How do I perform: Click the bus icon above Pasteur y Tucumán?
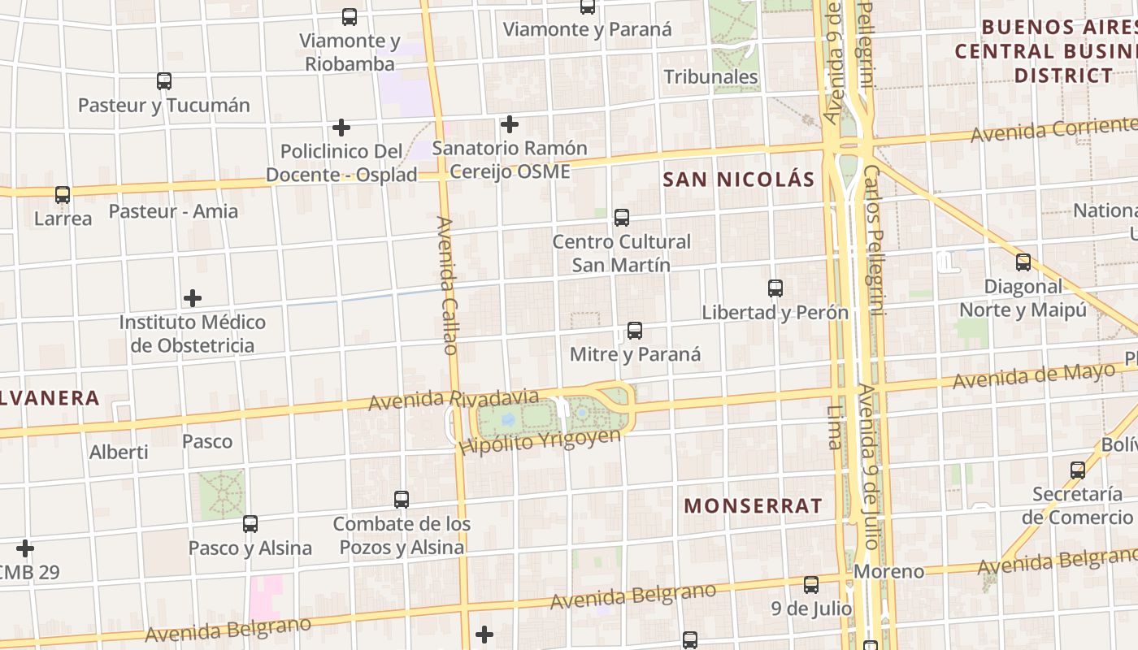[x=164, y=81]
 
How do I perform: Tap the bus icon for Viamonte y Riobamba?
[x=350, y=16]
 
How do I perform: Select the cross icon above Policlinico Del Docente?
[x=341, y=128]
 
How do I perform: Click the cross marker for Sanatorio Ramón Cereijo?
[x=510, y=124]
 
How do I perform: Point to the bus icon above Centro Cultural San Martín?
[x=622, y=218]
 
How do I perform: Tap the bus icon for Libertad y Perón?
[x=775, y=288]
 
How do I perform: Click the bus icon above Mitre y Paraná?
[x=635, y=331]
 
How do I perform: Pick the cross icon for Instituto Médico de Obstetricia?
[x=193, y=298]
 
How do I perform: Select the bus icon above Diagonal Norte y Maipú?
[x=1023, y=262]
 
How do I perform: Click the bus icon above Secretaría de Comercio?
[x=1078, y=470]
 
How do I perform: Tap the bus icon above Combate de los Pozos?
[x=402, y=500]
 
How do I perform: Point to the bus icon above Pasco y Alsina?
[x=250, y=524]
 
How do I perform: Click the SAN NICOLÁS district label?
[x=738, y=180]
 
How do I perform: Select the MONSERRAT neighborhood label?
[x=753, y=505]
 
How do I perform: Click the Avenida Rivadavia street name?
[x=454, y=399]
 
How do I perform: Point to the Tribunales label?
[x=710, y=77]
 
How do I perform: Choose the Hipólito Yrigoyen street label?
[x=540, y=441]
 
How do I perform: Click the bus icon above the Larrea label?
[x=63, y=195]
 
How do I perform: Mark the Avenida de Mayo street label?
[x=1034, y=376]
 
